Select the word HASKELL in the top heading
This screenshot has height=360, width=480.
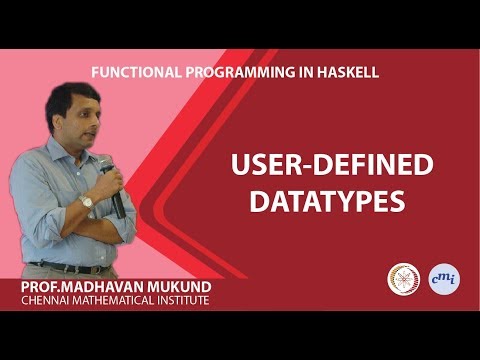tap(342, 73)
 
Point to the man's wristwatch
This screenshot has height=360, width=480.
tap(87, 201)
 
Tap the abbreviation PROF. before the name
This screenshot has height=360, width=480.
tap(40, 288)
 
